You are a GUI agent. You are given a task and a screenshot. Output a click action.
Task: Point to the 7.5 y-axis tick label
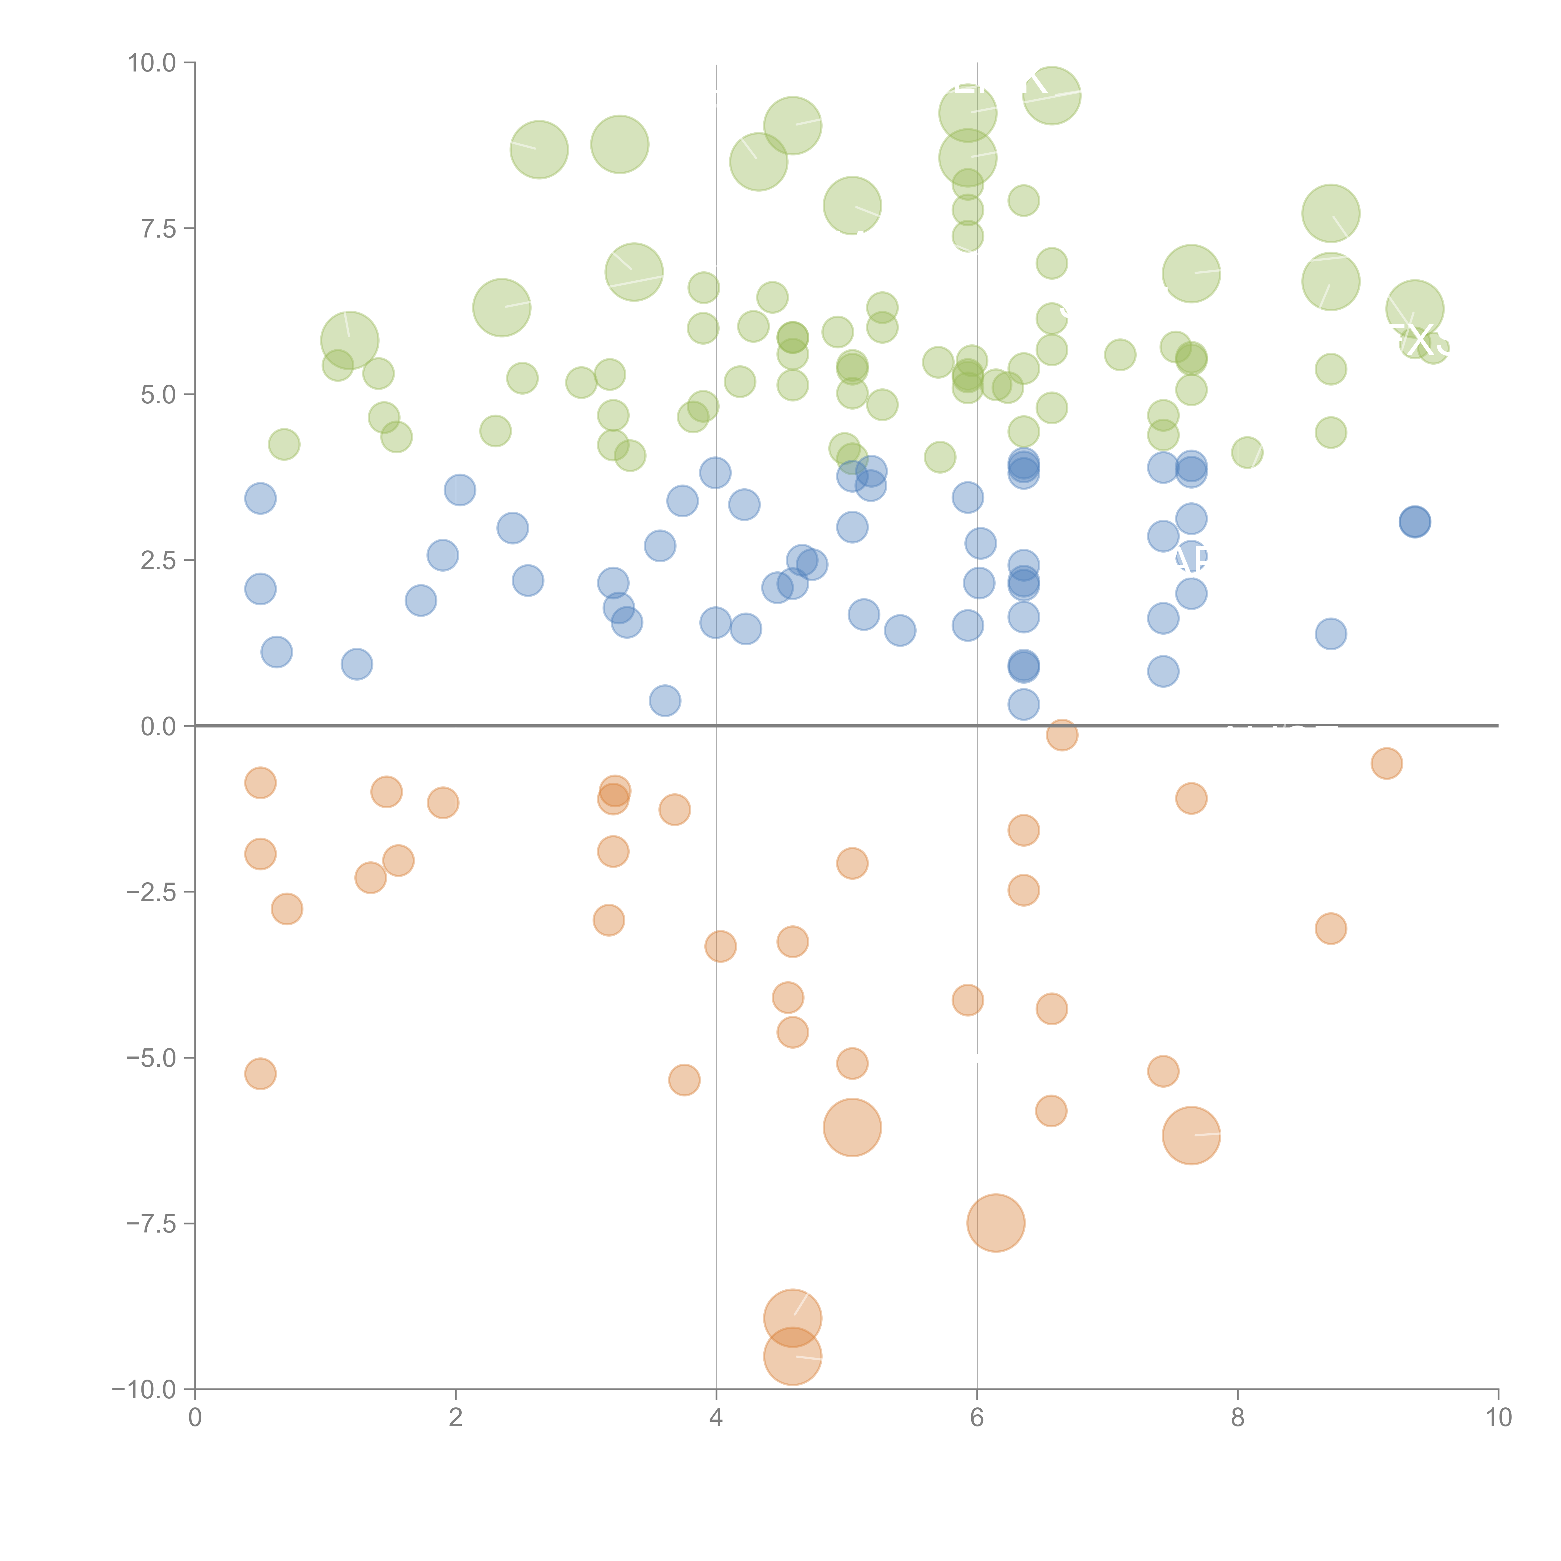pyautogui.click(x=158, y=229)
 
